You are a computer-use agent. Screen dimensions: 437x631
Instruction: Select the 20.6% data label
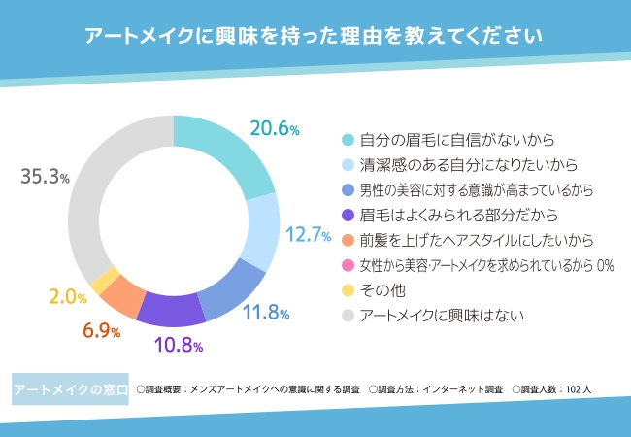coord(275,127)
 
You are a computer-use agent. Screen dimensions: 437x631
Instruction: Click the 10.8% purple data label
coord(180,344)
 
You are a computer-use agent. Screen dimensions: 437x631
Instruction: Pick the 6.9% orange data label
coord(101,331)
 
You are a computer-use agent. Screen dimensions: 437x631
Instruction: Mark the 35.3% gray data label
coord(45,177)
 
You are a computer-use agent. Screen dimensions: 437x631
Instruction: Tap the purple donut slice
coord(171,308)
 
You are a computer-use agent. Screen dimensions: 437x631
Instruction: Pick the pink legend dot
coord(348,265)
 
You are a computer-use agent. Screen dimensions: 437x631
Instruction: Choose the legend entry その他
coord(382,290)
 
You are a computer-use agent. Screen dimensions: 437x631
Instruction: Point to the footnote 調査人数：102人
coord(560,390)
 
